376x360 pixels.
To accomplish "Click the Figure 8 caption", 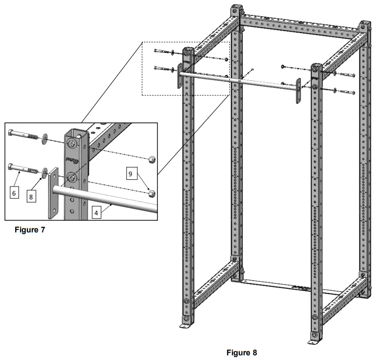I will tap(241, 352).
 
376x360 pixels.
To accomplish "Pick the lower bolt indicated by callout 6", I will tap(22, 169).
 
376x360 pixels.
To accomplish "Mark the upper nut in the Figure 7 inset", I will tap(151, 159).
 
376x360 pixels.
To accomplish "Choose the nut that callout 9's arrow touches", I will tap(151, 192).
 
